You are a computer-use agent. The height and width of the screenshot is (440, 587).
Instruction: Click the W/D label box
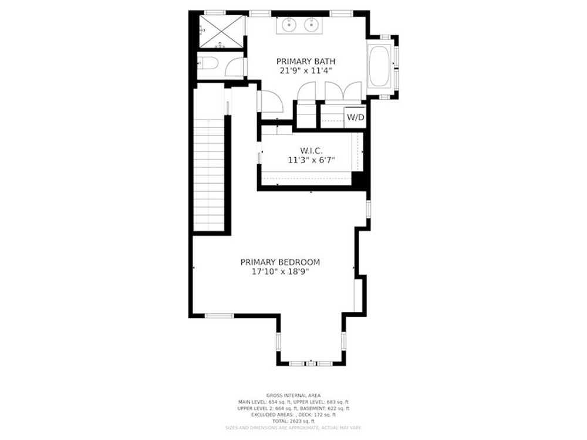356,117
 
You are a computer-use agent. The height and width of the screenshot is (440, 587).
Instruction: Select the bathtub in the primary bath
381,67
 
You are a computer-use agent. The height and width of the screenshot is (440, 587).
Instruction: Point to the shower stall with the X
221,31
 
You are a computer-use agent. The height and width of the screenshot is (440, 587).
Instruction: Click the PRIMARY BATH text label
306,60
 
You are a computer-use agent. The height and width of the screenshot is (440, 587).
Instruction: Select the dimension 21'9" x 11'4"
306,70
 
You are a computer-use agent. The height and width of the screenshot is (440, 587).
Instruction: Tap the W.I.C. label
311,151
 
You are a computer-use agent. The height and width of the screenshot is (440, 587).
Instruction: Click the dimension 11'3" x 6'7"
311,160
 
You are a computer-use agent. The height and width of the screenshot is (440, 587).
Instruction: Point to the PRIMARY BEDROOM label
280,262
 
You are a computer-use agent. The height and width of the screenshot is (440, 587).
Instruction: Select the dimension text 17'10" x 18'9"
280,272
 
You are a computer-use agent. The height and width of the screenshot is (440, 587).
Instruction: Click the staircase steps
209,173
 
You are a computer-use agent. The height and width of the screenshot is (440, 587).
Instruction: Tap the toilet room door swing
235,65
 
